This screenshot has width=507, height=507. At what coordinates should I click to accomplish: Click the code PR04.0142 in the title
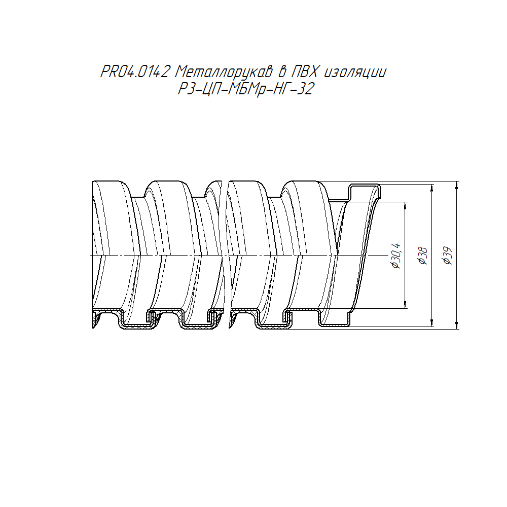point(135,71)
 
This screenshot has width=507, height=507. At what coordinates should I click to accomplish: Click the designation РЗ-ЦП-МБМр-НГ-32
point(246,89)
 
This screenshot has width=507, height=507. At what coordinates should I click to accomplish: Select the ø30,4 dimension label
point(396,256)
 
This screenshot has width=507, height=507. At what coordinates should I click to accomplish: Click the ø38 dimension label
point(423,256)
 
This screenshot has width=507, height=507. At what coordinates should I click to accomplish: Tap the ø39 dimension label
point(448,256)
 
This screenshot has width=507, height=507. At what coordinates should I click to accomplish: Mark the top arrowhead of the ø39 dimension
point(456,185)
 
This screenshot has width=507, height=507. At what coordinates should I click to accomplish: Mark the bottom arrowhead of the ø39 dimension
point(456,325)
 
